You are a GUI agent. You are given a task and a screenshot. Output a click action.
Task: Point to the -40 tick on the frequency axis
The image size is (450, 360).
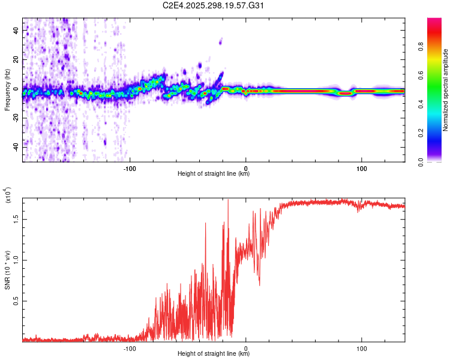coord(17,146)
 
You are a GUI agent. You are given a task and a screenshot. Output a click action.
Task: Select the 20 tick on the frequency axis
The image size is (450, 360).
coord(17,59)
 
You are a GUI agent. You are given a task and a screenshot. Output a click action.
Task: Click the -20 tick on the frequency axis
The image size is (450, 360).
coord(17,118)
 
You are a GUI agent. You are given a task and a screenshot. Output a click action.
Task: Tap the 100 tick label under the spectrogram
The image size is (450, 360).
coord(362,169)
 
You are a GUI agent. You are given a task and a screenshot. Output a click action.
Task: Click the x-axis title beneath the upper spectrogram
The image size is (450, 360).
coord(214,175)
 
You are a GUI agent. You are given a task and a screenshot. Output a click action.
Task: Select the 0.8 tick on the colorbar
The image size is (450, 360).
coord(437,62)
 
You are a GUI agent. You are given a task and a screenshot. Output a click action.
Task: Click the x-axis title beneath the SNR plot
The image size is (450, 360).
coord(214,354)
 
